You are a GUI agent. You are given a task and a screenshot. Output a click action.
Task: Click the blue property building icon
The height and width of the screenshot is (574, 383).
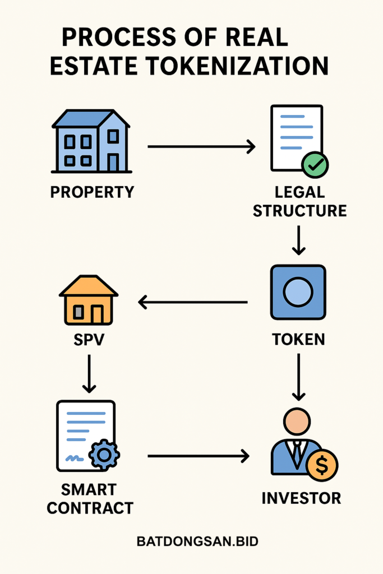(x=91, y=141)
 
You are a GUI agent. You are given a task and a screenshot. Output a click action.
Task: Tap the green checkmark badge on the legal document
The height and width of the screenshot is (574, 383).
(x=315, y=164)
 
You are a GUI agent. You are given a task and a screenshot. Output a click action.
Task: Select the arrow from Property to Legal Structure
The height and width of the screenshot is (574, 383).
(x=201, y=147)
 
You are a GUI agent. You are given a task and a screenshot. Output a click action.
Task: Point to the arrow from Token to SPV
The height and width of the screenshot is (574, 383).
(x=193, y=303)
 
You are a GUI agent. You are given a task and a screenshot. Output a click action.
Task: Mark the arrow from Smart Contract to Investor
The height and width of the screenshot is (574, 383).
(x=198, y=456)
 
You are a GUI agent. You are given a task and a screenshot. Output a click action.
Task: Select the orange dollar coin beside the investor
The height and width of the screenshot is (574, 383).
(x=322, y=465)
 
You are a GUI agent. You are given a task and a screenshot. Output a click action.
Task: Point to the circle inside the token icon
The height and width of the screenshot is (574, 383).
(x=298, y=293)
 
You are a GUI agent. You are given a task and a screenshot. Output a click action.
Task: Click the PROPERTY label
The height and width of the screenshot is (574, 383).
(x=92, y=192)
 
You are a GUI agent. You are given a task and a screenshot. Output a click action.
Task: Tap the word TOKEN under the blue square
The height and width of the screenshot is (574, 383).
(x=298, y=339)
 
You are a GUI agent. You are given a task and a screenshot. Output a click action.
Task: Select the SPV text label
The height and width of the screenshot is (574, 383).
(x=89, y=340)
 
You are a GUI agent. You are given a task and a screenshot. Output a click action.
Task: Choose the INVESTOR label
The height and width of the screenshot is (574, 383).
(x=301, y=498)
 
